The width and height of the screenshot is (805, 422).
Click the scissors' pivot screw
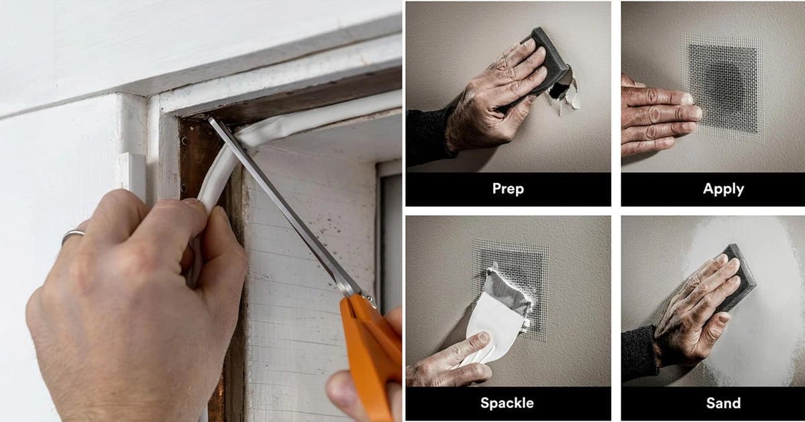click(x=369, y=297)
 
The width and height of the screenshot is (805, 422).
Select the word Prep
click(x=508, y=189)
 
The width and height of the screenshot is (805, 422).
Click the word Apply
click(x=723, y=189)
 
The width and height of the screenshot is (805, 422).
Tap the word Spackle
click(x=507, y=403)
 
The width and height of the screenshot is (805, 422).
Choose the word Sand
click(x=723, y=403)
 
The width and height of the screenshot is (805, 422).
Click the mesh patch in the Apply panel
click(x=722, y=88)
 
